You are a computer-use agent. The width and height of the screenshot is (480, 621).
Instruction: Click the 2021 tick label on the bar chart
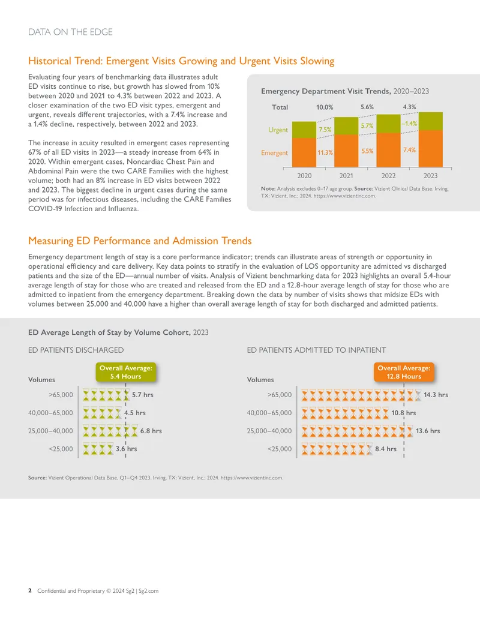[x=346, y=175]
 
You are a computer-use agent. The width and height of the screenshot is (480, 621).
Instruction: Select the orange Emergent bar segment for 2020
[x=304, y=152]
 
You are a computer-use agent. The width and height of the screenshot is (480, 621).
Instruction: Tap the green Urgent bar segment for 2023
[x=430, y=121]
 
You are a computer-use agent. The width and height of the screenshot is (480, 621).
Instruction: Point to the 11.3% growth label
[x=325, y=152]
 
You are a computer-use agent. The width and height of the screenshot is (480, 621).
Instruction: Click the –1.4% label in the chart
[x=409, y=124]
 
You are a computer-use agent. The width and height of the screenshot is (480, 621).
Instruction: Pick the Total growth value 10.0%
[x=325, y=107]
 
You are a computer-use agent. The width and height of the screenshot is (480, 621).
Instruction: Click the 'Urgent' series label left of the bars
[x=278, y=130]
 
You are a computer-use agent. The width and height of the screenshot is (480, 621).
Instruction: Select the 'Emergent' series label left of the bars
[x=274, y=153]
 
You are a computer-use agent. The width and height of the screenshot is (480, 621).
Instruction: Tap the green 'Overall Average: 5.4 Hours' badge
[x=126, y=372]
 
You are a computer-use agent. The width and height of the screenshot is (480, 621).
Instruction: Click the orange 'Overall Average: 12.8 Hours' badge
[x=404, y=372]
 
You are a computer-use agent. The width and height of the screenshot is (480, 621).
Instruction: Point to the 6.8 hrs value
[x=151, y=431]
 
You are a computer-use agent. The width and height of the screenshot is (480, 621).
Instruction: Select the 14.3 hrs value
[x=436, y=395]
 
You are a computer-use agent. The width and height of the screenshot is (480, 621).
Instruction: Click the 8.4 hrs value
[x=386, y=449]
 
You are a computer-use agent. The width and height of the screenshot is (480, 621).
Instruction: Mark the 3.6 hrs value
[x=127, y=449]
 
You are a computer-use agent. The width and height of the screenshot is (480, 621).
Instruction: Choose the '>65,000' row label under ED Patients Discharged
[x=61, y=395]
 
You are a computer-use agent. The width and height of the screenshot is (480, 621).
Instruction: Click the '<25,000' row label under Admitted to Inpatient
[x=280, y=449]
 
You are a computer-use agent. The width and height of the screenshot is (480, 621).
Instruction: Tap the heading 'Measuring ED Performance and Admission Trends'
[x=140, y=241]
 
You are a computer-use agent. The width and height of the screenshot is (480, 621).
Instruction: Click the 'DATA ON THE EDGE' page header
[x=70, y=32]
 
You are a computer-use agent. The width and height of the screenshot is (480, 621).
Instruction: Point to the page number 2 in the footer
[x=30, y=590]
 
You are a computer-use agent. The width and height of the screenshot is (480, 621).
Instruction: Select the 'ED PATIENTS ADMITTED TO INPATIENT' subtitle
[x=316, y=350]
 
